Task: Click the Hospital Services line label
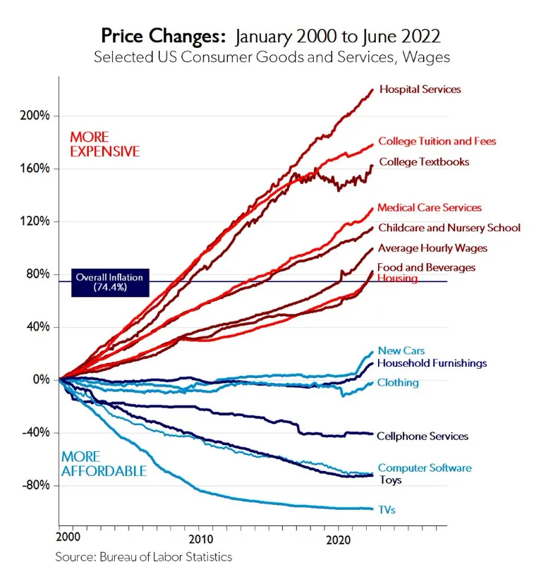tap(420, 90)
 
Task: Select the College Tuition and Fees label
tap(437, 141)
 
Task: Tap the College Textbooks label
tap(424, 162)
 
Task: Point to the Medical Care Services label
tap(430, 208)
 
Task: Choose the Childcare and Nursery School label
tap(449, 228)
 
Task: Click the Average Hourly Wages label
tap(432, 248)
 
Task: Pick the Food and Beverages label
tap(426, 268)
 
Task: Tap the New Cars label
tap(401, 351)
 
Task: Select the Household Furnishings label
tap(432, 363)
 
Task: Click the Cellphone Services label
tap(423, 437)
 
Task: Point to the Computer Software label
tap(425, 468)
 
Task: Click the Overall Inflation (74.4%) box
tap(109, 282)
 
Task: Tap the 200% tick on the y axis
tap(35, 116)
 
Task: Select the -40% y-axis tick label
tap(35, 432)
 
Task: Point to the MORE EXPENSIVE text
tap(104, 145)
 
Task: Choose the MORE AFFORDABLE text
tap(104, 464)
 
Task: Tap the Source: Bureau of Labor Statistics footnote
tap(144, 557)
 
